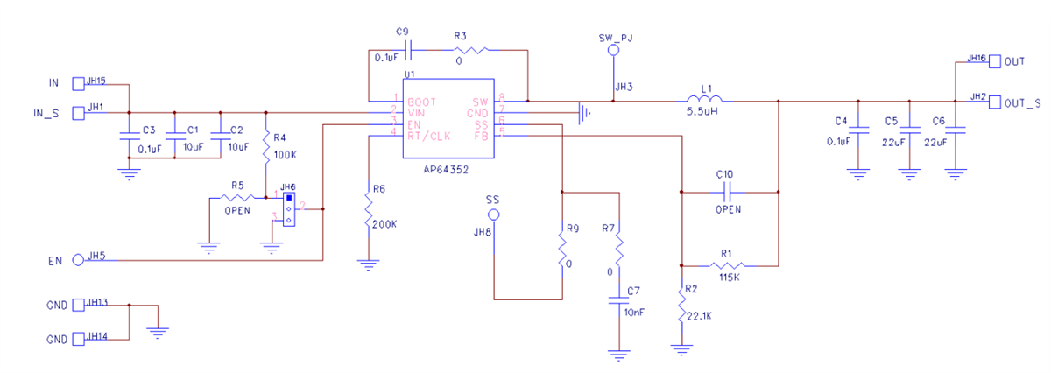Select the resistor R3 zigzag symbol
(x=467, y=50)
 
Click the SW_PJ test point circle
(x=613, y=52)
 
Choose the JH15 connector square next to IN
(x=77, y=83)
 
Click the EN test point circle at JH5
(x=78, y=259)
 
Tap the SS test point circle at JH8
(x=494, y=215)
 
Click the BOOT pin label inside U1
(x=421, y=102)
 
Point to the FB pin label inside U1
(x=481, y=136)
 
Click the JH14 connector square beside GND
(x=77, y=339)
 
